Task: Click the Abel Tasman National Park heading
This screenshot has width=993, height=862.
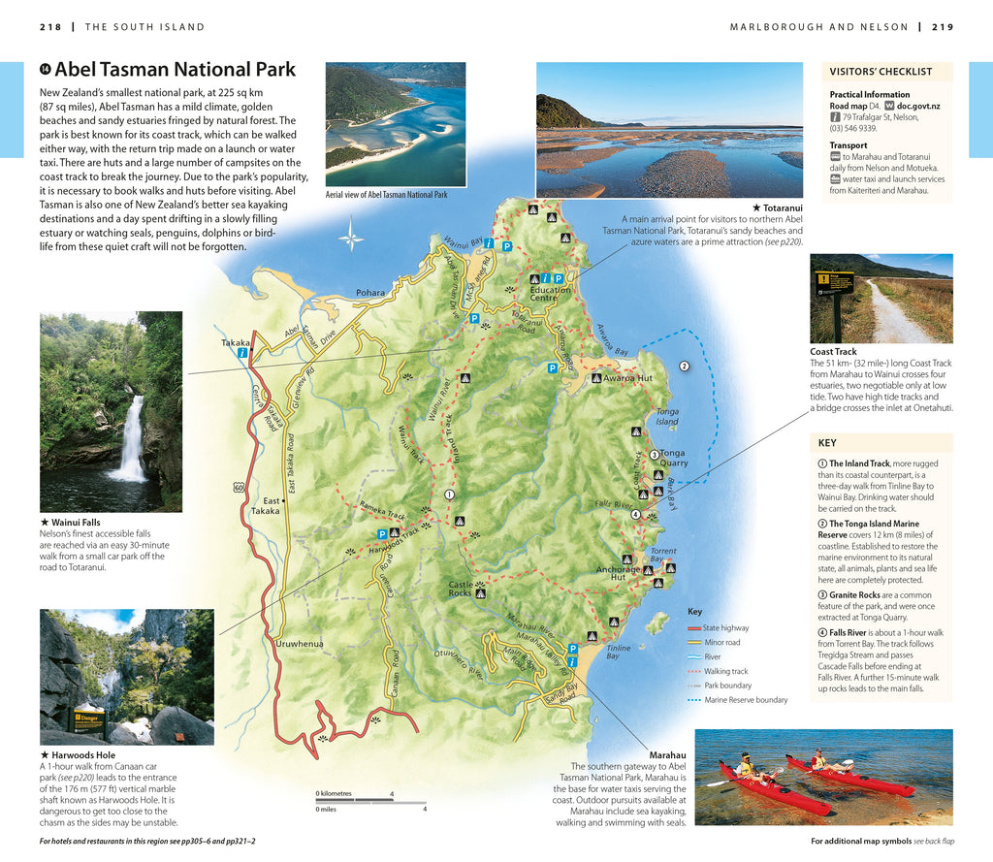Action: click(x=175, y=70)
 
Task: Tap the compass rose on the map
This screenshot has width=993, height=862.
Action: click(x=351, y=236)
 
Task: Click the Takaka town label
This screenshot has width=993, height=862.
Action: click(x=236, y=342)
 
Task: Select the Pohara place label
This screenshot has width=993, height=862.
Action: click(x=369, y=292)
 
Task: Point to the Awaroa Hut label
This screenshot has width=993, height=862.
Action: click(x=627, y=378)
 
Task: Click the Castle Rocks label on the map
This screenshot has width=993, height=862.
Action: click(x=460, y=589)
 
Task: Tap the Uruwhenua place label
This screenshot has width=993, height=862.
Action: click(x=300, y=643)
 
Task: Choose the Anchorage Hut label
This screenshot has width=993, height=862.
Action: click(x=617, y=574)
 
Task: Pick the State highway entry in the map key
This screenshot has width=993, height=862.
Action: click(x=725, y=628)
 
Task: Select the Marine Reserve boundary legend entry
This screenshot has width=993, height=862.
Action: click(x=745, y=700)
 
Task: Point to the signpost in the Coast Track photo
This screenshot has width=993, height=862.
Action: click(x=835, y=286)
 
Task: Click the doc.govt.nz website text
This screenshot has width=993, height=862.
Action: click(x=917, y=105)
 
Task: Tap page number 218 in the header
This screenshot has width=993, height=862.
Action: click(x=50, y=27)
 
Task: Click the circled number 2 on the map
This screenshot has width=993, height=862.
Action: click(x=684, y=366)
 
